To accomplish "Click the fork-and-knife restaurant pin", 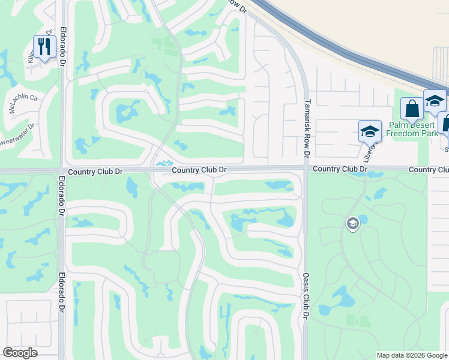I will (44, 47).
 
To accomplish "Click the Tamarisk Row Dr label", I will (307, 128).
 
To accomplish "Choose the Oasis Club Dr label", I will (306, 296).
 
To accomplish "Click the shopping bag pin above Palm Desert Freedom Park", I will (412, 110).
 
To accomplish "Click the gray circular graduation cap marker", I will (352, 224).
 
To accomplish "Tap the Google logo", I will (20, 353).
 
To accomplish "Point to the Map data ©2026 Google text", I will (412, 355).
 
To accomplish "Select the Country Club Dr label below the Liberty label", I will (339, 170).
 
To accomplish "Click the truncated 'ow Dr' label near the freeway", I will (238, 6).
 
